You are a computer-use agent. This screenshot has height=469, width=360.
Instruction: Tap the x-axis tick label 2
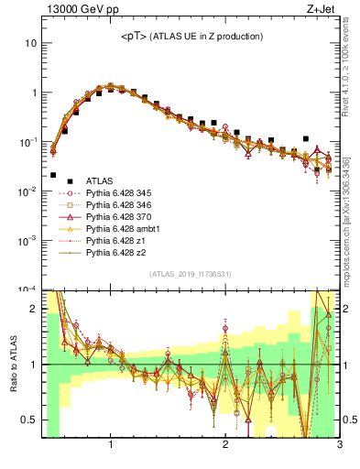point(225,446)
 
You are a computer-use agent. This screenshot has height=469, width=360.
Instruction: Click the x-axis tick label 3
point(339,446)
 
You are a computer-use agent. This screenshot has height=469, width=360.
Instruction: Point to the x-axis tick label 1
point(111,446)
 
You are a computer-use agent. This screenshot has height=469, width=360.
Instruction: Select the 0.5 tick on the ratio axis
point(30,420)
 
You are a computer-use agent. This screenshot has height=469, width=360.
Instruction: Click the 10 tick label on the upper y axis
point(30,43)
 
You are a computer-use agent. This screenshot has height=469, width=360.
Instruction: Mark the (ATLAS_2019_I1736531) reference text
point(190,274)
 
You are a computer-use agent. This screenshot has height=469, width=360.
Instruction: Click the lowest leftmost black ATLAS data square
point(53,174)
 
